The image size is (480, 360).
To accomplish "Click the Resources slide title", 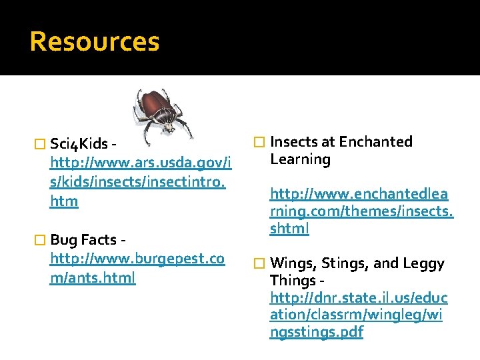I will (95, 41).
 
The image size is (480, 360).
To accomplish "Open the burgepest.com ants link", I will (137, 268).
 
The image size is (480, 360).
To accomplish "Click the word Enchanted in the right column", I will (375, 141).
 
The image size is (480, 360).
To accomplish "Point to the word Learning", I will (300, 159).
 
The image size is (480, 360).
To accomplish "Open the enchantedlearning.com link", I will (361, 211).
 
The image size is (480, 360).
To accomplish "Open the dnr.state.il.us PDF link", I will (359, 314).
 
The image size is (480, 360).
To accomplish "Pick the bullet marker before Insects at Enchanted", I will (260, 142).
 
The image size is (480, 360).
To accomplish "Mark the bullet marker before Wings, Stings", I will (260, 264).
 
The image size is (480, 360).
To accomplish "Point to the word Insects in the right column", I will (294, 141).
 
